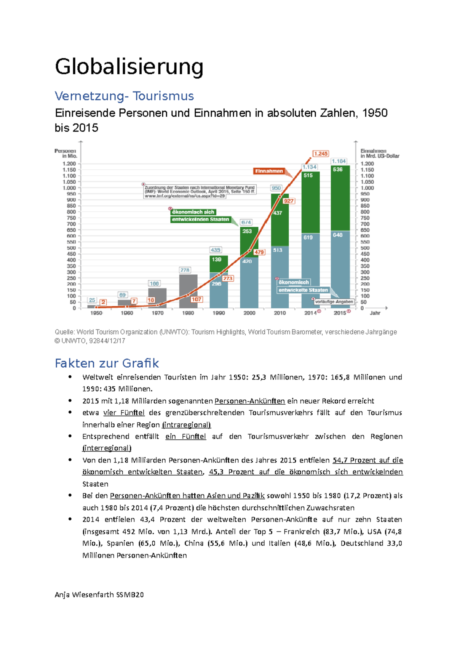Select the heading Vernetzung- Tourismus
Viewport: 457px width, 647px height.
coord(124,96)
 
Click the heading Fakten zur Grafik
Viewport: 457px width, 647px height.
coord(107,363)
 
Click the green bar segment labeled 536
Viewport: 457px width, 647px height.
coord(340,198)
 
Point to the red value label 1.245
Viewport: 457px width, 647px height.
coord(321,154)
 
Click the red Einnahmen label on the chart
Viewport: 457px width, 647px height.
coord(269,171)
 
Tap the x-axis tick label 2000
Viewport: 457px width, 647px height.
coord(249,313)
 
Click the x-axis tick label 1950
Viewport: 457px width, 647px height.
coord(96,313)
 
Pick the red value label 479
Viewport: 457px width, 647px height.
coord(259,252)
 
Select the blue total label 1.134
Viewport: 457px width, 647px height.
coord(309,167)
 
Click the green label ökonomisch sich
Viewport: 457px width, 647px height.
coord(193,212)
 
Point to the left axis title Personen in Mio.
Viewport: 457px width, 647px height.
coord(66,153)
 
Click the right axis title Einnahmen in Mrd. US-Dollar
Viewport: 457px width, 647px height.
coord(379,153)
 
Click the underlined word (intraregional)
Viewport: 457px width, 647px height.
coord(186,424)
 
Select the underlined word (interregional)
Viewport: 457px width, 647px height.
coord(107,448)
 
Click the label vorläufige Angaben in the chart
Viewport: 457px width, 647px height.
coord(334,301)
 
